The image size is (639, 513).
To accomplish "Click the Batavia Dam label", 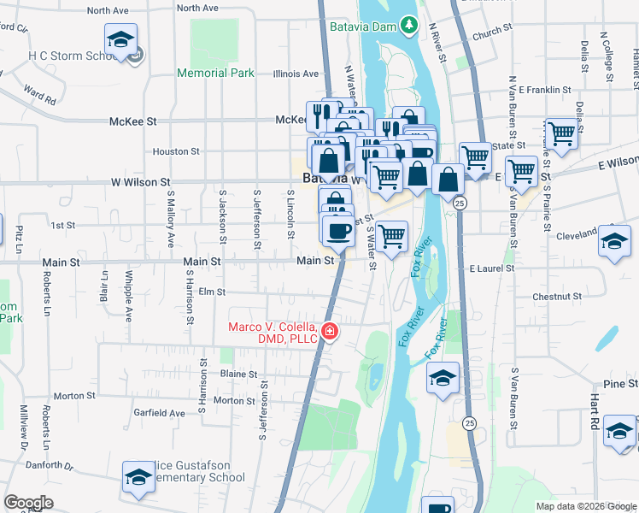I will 363,27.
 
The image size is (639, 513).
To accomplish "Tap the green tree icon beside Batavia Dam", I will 409,26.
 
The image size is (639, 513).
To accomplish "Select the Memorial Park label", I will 215,73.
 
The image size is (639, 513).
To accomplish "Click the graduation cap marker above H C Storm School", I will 121,39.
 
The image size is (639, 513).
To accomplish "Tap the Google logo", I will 28,503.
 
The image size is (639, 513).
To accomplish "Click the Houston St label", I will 176,151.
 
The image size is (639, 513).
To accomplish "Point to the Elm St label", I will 210,292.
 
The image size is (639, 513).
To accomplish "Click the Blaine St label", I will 238,374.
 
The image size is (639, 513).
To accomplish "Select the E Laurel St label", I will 492,268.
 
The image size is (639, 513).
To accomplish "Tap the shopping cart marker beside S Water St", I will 391,236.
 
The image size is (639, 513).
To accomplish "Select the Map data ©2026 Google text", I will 585,506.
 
